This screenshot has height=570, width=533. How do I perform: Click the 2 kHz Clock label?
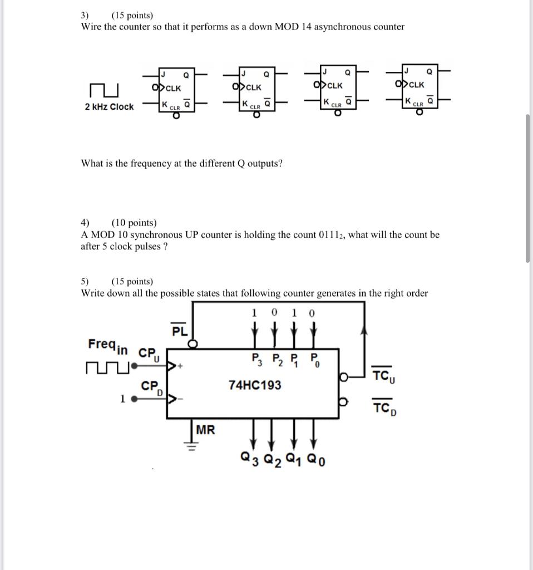coord(109,107)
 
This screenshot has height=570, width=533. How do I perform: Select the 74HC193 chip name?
coord(255,385)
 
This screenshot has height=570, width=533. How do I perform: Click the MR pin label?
coord(205,430)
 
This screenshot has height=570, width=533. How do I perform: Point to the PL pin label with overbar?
coord(179,331)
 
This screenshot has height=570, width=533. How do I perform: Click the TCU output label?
coord(383,376)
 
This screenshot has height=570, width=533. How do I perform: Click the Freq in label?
coord(107,346)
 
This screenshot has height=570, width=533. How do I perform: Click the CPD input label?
coord(150,387)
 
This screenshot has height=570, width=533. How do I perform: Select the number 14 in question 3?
coord(306,27)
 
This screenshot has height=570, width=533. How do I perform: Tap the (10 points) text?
coord(134,223)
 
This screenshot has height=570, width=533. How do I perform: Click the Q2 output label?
coord(273,459)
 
